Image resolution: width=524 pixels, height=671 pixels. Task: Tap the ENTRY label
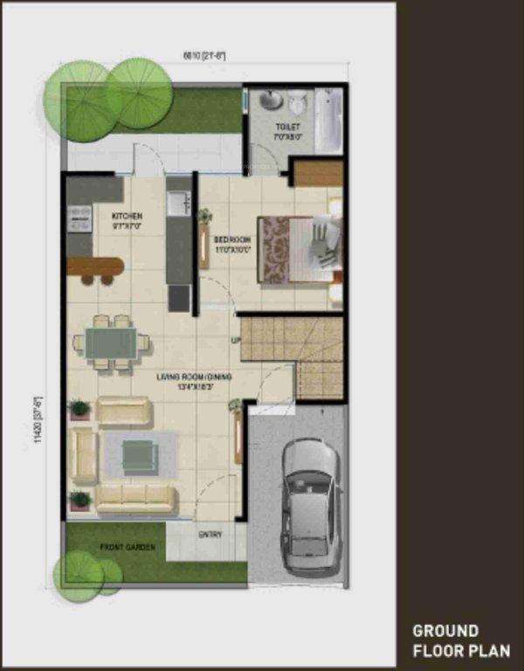point(210,535)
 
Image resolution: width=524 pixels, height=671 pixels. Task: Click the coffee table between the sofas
point(139,454)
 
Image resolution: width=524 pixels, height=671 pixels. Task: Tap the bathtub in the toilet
point(328,121)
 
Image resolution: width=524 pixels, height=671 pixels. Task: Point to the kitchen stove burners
point(80,217)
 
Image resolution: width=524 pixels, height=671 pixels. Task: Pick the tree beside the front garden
point(80,576)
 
